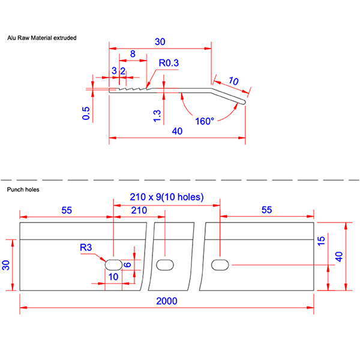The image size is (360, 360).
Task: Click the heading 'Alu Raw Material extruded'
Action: [41, 38]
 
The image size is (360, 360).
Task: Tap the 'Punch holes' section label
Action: [23, 189]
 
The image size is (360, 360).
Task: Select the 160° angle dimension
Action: [205, 121]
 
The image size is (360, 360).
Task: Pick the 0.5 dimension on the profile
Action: [86, 113]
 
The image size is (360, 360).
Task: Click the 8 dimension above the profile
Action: [132, 54]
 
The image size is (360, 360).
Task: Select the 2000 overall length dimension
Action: [167, 301]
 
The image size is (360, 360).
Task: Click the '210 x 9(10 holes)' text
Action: [167, 197]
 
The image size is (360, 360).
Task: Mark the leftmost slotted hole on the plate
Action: [113, 264]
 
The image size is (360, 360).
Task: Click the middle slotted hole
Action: [164, 264]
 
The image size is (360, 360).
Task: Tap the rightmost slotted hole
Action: [220, 264]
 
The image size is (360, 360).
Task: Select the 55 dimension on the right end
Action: [267, 209]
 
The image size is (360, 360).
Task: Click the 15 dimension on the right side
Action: [322, 240]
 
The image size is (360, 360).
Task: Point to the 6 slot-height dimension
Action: [128, 264]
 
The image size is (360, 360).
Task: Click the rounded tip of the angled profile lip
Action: [245, 103]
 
